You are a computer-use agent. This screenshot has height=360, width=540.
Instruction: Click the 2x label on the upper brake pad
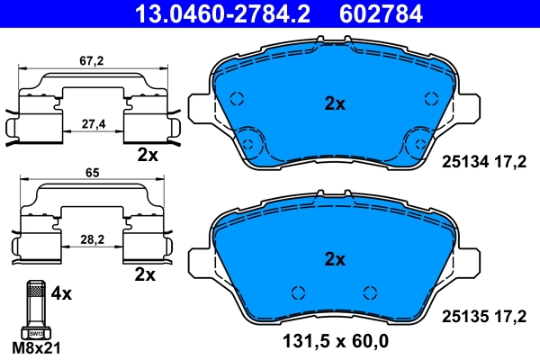pyautogui.click(x=335, y=103)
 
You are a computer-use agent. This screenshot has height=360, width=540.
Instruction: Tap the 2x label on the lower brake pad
pyautogui.click(x=335, y=260)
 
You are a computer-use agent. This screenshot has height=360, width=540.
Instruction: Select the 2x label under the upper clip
pyautogui.click(x=148, y=155)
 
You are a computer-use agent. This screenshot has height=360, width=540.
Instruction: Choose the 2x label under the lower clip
pyautogui.click(x=144, y=273)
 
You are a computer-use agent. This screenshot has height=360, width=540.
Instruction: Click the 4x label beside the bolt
pyautogui.click(x=61, y=293)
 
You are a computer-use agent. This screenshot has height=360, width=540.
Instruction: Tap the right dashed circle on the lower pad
pyautogui.click(x=367, y=291)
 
